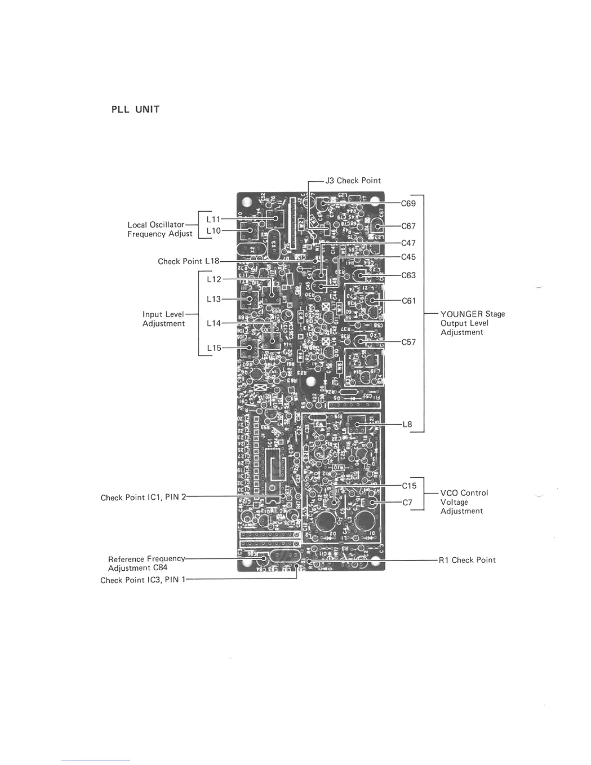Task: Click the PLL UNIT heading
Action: point(135,110)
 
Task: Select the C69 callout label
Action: point(408,203)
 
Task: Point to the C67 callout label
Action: point(408,226)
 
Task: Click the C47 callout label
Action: point(408,243)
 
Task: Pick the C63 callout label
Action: point(408,275)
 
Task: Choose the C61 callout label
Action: point(408,301)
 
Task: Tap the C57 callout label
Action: point(408,342)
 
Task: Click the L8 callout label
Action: point(408,425)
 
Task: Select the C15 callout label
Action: point(409,485)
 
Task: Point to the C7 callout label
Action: point(408,502)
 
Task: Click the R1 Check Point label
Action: point(467,560)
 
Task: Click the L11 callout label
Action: point(213,219)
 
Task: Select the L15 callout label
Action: point(214,348)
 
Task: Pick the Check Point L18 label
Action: point(188,261)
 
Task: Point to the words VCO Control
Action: point(464,493)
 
